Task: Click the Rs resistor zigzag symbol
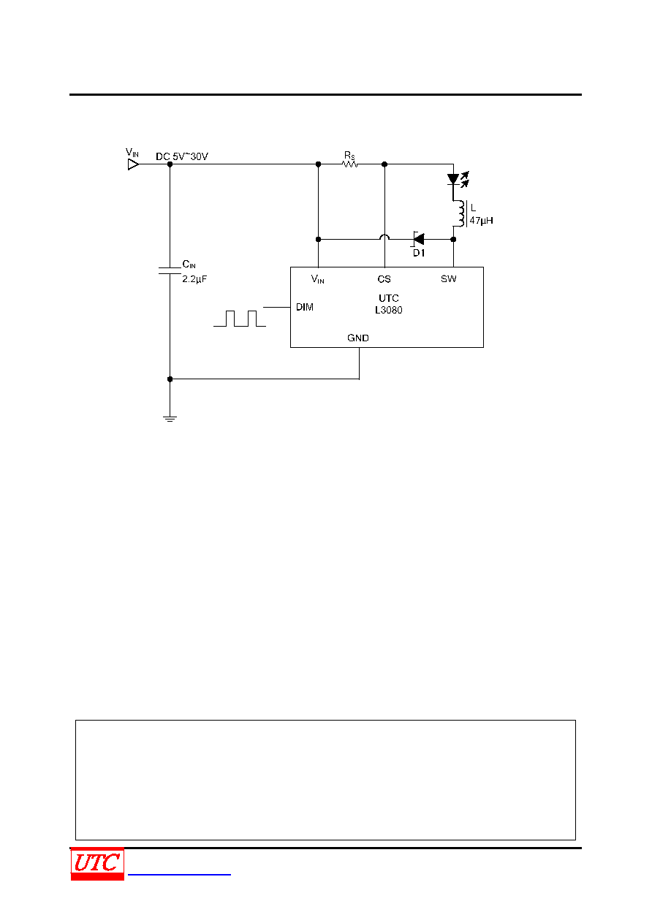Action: [x=350, y=164]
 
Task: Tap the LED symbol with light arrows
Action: [x=458, y=180]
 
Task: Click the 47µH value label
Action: [x=481, y=221]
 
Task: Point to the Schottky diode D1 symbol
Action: [x=418, y=239]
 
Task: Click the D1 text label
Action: [x=419, y=253]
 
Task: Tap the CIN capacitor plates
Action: [x=170, y=270]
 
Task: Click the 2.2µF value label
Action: [x=194, y=279]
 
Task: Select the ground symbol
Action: [x=170, y=419]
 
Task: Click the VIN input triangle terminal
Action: [x=134, y=164]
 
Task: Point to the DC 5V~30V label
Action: [x=182, y=156]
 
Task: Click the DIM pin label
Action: [x=305, y=307]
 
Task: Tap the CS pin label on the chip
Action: [x=384, y=279]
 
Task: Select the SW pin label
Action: [x=448, y=278]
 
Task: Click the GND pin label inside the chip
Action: [x=357, y=338]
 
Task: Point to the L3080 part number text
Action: [x=389, y=310]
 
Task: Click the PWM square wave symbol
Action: [x=240, y=319]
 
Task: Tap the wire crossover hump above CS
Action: [x=384, y=237]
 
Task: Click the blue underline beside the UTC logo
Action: [x=179, y=874]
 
